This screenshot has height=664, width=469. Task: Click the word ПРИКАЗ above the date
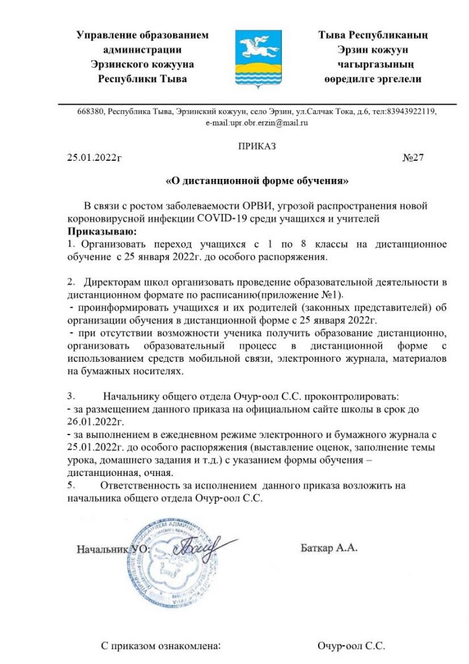(257, 146)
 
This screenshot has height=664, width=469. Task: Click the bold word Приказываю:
(102, 230)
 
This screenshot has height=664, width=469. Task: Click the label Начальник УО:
(113, 549)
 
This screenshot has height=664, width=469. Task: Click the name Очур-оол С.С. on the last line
(351, 646)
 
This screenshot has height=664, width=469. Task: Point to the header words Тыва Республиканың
(372, 35)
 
